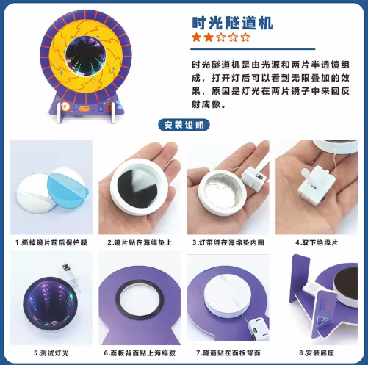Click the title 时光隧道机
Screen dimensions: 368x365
pyautogui.click(x=232, y=23)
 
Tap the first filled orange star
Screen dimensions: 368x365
pyautogui.click(x=196, y=37)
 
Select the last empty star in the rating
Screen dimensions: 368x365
pyautogui.click(x=245, y=37)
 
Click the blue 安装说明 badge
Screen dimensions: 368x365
pyautogui.click(x=184, y=125)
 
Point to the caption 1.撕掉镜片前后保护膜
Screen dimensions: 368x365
pyautogui.click(x=51, y=242)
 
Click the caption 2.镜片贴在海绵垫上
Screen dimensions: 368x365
pyautogui.click(x=140, y=242)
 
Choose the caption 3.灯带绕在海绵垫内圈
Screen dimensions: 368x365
pyautogui.click(x=228, y=242)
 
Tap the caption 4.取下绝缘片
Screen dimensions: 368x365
pyautogui.click(x=317, y=242)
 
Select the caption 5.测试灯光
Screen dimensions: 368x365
pyautogui.click(x=51, y=353)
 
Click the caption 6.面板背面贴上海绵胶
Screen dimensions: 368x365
pyautogui.click(x=140, y=353)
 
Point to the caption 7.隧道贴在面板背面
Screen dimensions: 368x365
pyautogui.click(x=228, y=353)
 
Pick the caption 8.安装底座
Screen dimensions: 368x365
pyautogui.click(x=317, y=353)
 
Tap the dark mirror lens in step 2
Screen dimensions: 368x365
pyautogui.click(x=137, y=189)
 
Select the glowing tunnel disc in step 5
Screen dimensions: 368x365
pyautogui.click(x=50, y=303)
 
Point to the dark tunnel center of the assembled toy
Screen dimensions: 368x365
pyautogui.click(x=86, y=56)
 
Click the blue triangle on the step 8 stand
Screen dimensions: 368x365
pyautogui.click(x=322, y=321)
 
